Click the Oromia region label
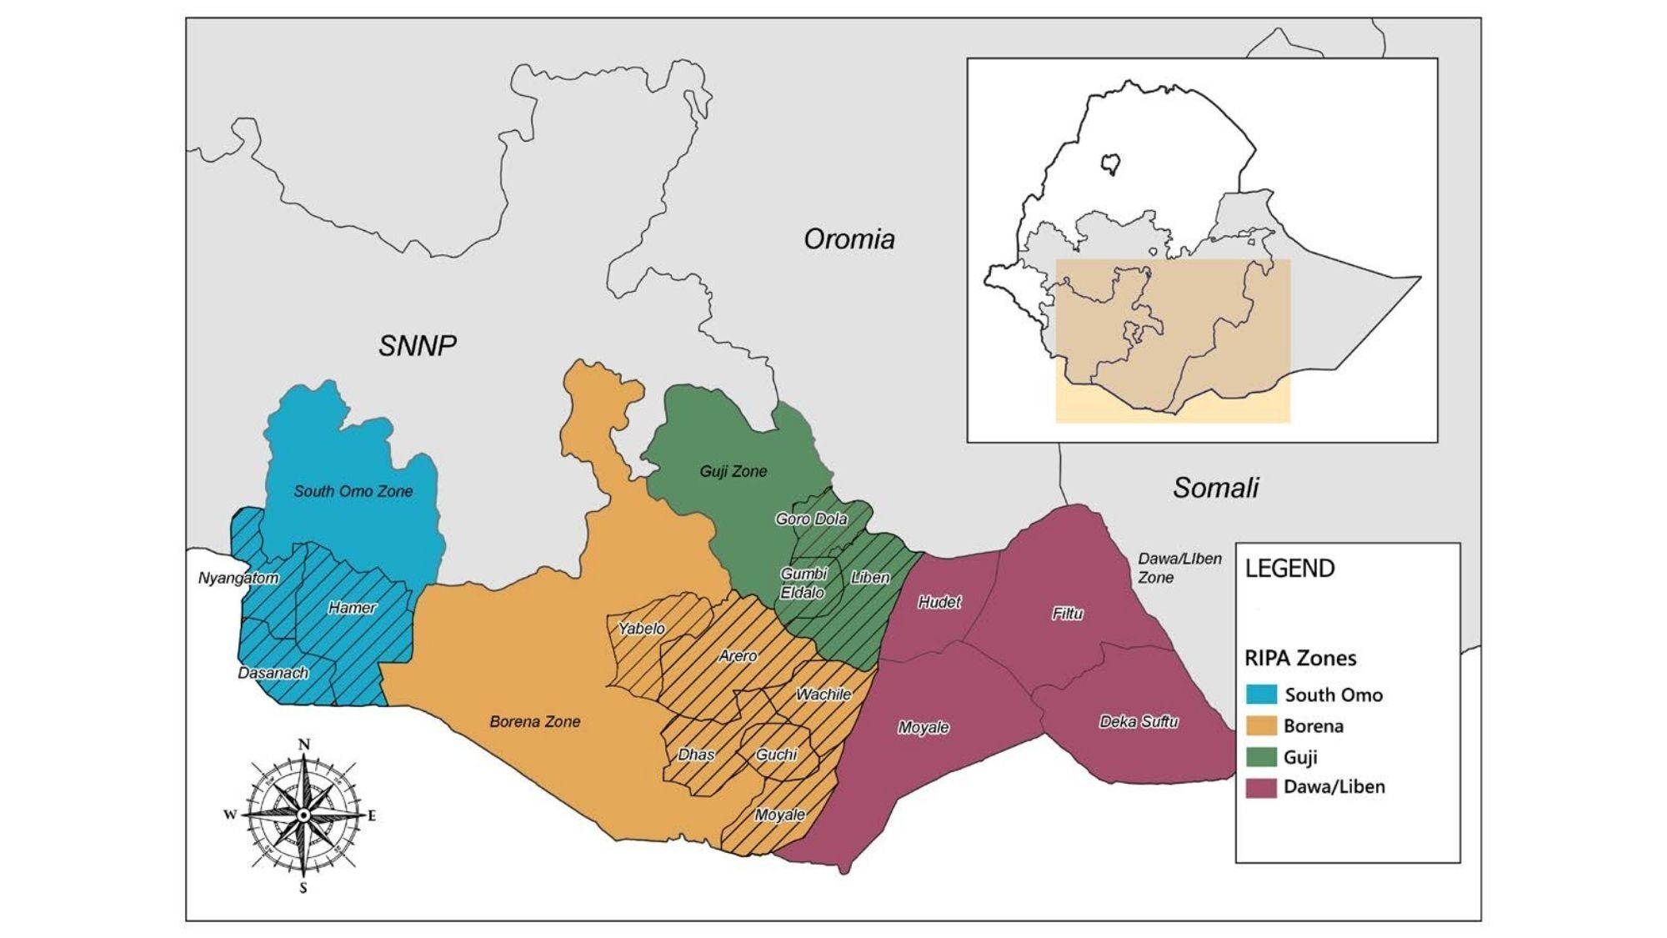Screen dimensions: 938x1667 pos(849,239)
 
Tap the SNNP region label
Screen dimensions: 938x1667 pos(417,345)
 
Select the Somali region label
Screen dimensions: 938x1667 pos(1215,488)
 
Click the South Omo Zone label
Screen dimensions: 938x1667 pos(353,491)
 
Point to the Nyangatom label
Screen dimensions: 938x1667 pos(238,578)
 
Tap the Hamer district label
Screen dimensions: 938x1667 pos(352,608)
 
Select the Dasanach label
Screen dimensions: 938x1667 pos(273,673)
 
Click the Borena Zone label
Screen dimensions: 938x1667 pos(534,722)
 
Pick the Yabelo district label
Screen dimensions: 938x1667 pos(641,629)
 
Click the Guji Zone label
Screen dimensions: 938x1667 pos(733,471)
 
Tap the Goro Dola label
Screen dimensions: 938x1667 pos(811,519)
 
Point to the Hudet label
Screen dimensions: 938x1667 pos(939,602)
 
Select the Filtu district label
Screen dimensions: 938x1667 pos(1067,614)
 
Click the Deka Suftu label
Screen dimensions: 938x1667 pos(1139,722)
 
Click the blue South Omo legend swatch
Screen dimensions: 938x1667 pos(1261,695)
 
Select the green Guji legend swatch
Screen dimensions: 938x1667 pos(1261,757)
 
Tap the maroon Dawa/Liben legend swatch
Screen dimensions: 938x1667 pos(1261,787)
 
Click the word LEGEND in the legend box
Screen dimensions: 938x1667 pos(1289,569)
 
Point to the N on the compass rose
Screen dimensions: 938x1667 pos(304,745)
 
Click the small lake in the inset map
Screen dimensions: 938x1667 pos(1110,163)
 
